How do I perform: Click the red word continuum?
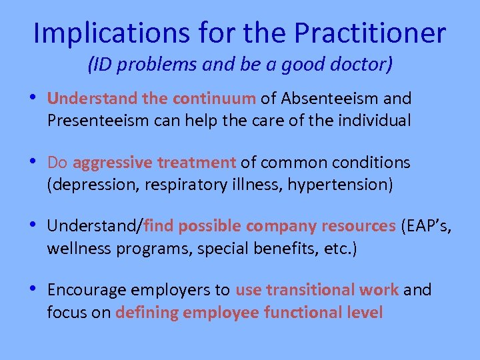[214, 99]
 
